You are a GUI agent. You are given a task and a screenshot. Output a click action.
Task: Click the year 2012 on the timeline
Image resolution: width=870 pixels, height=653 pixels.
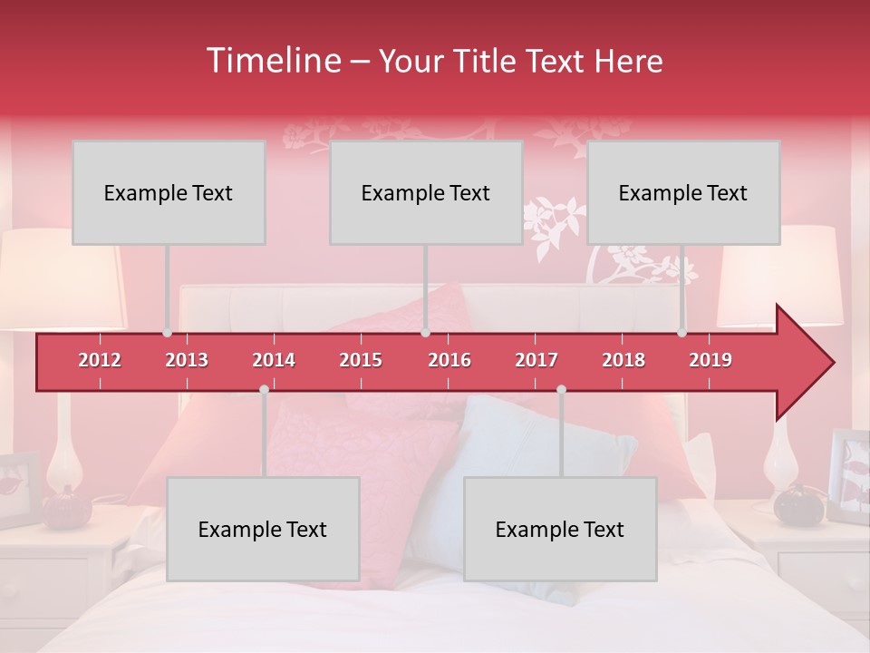[100, 360]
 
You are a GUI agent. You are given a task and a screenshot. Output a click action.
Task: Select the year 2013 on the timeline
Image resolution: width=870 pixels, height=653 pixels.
[187, 360]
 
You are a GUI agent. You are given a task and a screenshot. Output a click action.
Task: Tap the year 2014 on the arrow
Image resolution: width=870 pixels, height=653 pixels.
[274, 360]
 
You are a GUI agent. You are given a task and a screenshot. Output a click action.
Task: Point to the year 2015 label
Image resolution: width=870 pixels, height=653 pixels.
[361, 360]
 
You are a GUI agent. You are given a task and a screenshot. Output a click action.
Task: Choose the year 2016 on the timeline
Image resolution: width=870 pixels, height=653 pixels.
[449, 360]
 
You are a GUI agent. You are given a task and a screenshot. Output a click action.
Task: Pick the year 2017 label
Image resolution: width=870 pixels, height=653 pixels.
[536, 360]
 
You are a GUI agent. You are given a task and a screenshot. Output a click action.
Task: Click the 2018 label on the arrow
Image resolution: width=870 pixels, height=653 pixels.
[623, 360]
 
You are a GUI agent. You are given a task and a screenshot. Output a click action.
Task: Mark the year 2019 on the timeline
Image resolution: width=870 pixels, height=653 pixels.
[710, 360]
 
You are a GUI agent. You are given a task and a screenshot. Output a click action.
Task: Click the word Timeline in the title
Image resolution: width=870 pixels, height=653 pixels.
[272, 61]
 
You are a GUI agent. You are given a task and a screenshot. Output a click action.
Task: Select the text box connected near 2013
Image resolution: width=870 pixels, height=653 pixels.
[169, 192]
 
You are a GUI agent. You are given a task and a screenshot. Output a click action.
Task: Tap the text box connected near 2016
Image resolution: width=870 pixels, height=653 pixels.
[426, 192]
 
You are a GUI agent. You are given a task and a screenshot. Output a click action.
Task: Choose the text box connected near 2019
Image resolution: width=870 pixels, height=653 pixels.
[683, 192]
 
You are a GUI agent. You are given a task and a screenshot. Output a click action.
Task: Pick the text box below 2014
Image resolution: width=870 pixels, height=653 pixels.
[263, 529]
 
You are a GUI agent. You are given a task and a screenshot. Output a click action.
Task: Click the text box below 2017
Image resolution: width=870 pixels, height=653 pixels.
[560, 529]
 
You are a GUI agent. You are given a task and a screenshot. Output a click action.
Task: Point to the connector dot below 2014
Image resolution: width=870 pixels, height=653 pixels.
[264, 390]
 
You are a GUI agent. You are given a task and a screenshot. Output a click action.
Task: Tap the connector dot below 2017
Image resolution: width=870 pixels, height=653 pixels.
[561, 390]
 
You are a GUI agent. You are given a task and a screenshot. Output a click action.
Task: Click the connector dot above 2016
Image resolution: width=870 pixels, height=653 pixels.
[425, 333]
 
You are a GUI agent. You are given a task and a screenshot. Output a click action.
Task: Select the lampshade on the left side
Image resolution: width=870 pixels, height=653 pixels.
[59, 278]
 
